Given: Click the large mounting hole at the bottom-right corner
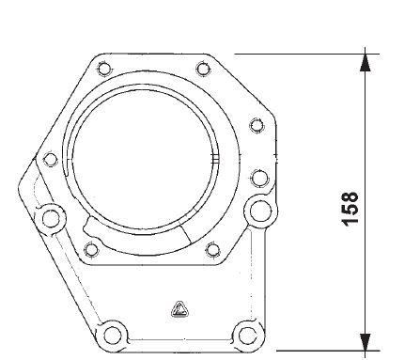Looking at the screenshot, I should pos(245,333).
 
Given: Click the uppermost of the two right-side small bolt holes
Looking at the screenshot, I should pos(256,124).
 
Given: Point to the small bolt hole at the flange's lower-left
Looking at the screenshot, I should pos(91,248).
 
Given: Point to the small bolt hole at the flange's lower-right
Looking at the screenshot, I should pos(211,248).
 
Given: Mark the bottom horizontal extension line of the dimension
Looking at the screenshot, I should pos(310,351).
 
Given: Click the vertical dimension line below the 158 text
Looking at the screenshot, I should pos(366,282).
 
